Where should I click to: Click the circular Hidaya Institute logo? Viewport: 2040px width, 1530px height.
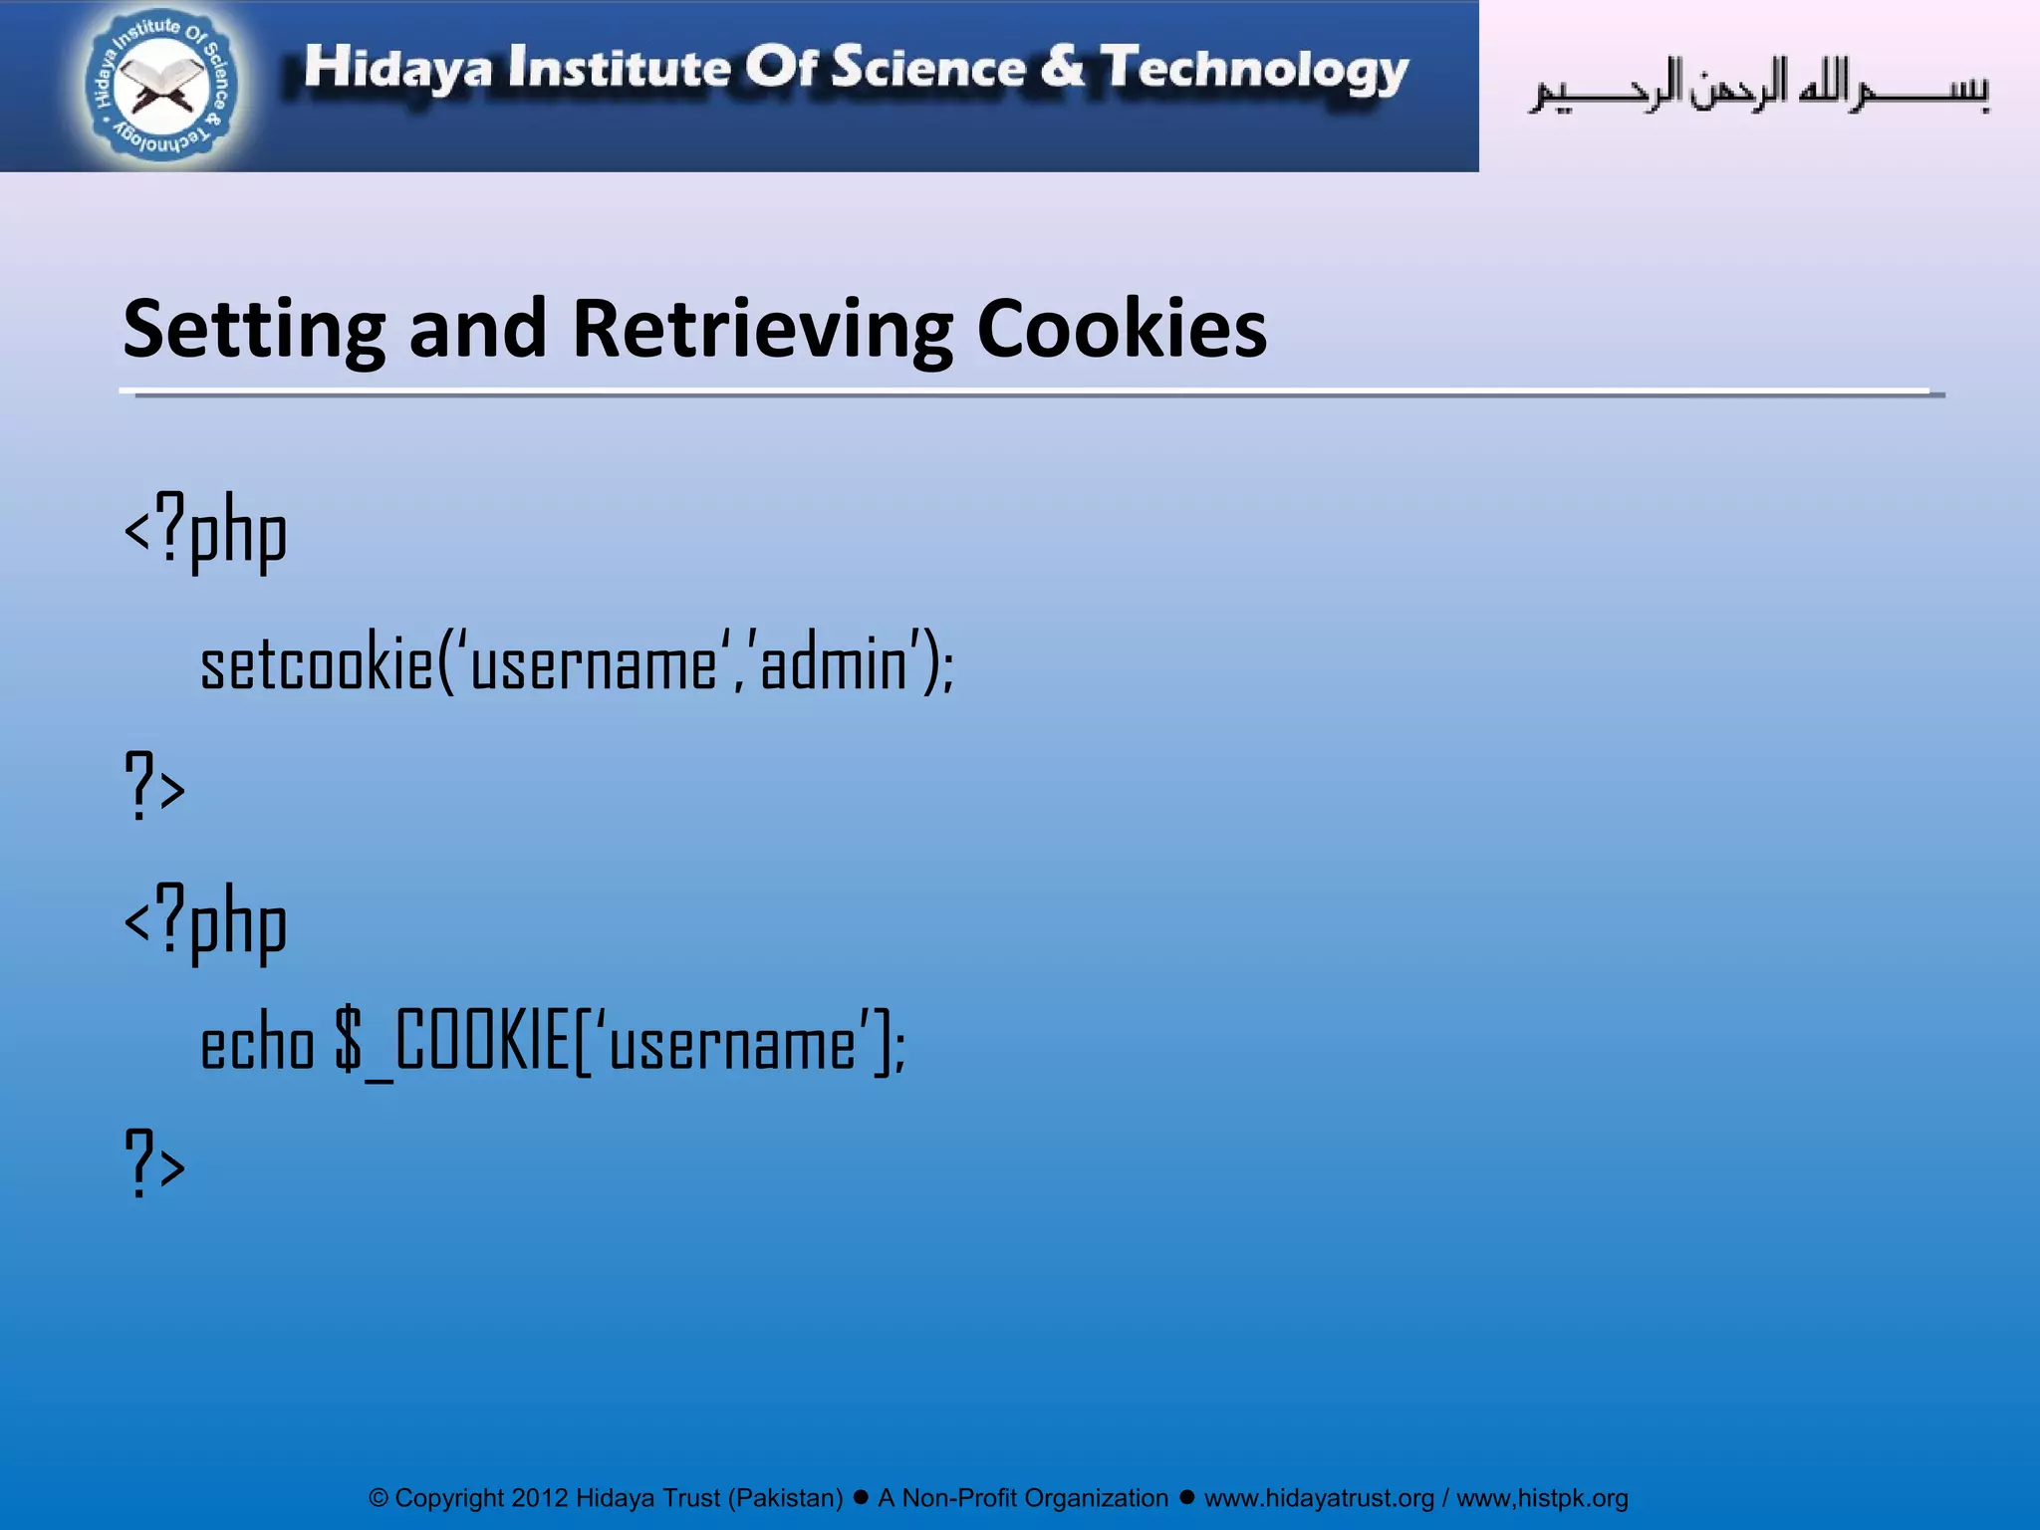(160, 87)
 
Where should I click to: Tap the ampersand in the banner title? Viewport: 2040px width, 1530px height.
(1063, 67)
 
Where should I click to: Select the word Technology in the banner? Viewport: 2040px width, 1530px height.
(1255, 70)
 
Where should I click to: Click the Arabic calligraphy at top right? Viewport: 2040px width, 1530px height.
(1759, 88)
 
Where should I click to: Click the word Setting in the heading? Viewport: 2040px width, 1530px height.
(254, 330)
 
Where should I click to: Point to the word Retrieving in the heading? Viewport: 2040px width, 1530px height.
(762, 330)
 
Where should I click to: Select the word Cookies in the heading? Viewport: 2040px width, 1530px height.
(1122, 330)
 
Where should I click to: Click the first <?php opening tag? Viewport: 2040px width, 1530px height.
(205, 532)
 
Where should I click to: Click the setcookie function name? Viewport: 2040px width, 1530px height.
(317, 664)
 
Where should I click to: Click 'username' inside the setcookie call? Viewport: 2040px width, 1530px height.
(594, 664)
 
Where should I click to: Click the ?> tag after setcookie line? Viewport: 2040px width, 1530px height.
(154, 786)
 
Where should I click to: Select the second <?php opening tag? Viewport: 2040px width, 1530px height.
(205, 921)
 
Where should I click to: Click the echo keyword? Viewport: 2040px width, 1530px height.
(257, 1045)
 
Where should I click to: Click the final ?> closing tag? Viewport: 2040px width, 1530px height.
(154, 1162)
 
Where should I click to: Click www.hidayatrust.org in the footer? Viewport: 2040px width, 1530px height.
(1319, 1498)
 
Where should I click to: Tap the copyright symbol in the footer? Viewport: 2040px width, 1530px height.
(379, 1498)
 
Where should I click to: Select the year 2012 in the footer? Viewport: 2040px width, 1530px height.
(540, 1498)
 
